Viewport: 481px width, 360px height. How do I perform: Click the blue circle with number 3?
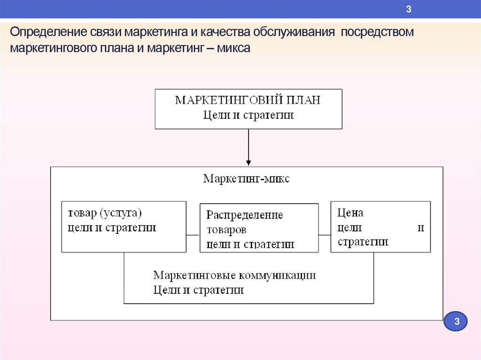coord(455,322)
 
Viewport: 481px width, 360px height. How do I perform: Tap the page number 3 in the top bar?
coord(409,9)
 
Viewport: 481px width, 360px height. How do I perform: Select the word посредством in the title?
coord(378,33)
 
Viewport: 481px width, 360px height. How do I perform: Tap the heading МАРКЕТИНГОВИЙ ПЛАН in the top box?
coord(248,100)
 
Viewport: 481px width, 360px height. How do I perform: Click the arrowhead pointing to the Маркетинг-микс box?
coord(248,162)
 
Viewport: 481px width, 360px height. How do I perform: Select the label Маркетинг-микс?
coord(247,179)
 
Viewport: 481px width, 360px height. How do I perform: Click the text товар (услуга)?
coord(104,213)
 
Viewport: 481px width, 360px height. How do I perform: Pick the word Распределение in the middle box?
coord(245,215)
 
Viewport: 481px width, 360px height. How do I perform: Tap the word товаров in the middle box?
coord(226,230)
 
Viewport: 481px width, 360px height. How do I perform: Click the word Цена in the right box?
coord(350,213)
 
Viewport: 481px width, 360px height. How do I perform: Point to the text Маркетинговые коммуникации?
coord(234,275)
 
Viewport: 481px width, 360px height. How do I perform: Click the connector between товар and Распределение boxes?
coord(193,234)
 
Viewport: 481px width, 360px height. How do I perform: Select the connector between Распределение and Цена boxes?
coord(325,234)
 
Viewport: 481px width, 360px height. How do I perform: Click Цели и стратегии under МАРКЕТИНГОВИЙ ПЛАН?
coord(248,115)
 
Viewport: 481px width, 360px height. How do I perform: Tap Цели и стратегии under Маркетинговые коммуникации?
coord(198,290)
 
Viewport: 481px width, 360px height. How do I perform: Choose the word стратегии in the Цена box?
coord(363,242)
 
